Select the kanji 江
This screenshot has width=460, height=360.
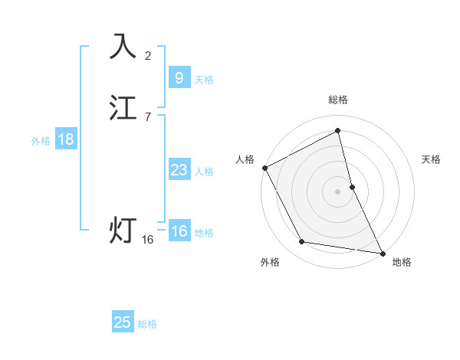123,108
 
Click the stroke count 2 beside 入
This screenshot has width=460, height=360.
148,55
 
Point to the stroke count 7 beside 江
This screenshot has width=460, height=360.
148,117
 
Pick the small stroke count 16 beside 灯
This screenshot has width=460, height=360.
148,240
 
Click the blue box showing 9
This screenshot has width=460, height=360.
179,77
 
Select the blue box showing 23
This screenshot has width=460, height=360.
179,170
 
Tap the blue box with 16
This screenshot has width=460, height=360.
179,231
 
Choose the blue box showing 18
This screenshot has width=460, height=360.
65,139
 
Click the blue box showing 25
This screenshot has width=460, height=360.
123,322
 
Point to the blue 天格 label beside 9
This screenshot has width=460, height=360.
204,79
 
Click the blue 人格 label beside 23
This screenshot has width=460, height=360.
204,172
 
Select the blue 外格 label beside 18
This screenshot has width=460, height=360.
41,141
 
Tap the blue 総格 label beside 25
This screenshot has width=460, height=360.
147,324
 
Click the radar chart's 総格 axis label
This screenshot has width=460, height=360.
338,100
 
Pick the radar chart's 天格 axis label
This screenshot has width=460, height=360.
432,159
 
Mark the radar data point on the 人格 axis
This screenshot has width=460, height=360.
264,168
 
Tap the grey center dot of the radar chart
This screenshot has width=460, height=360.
338,191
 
